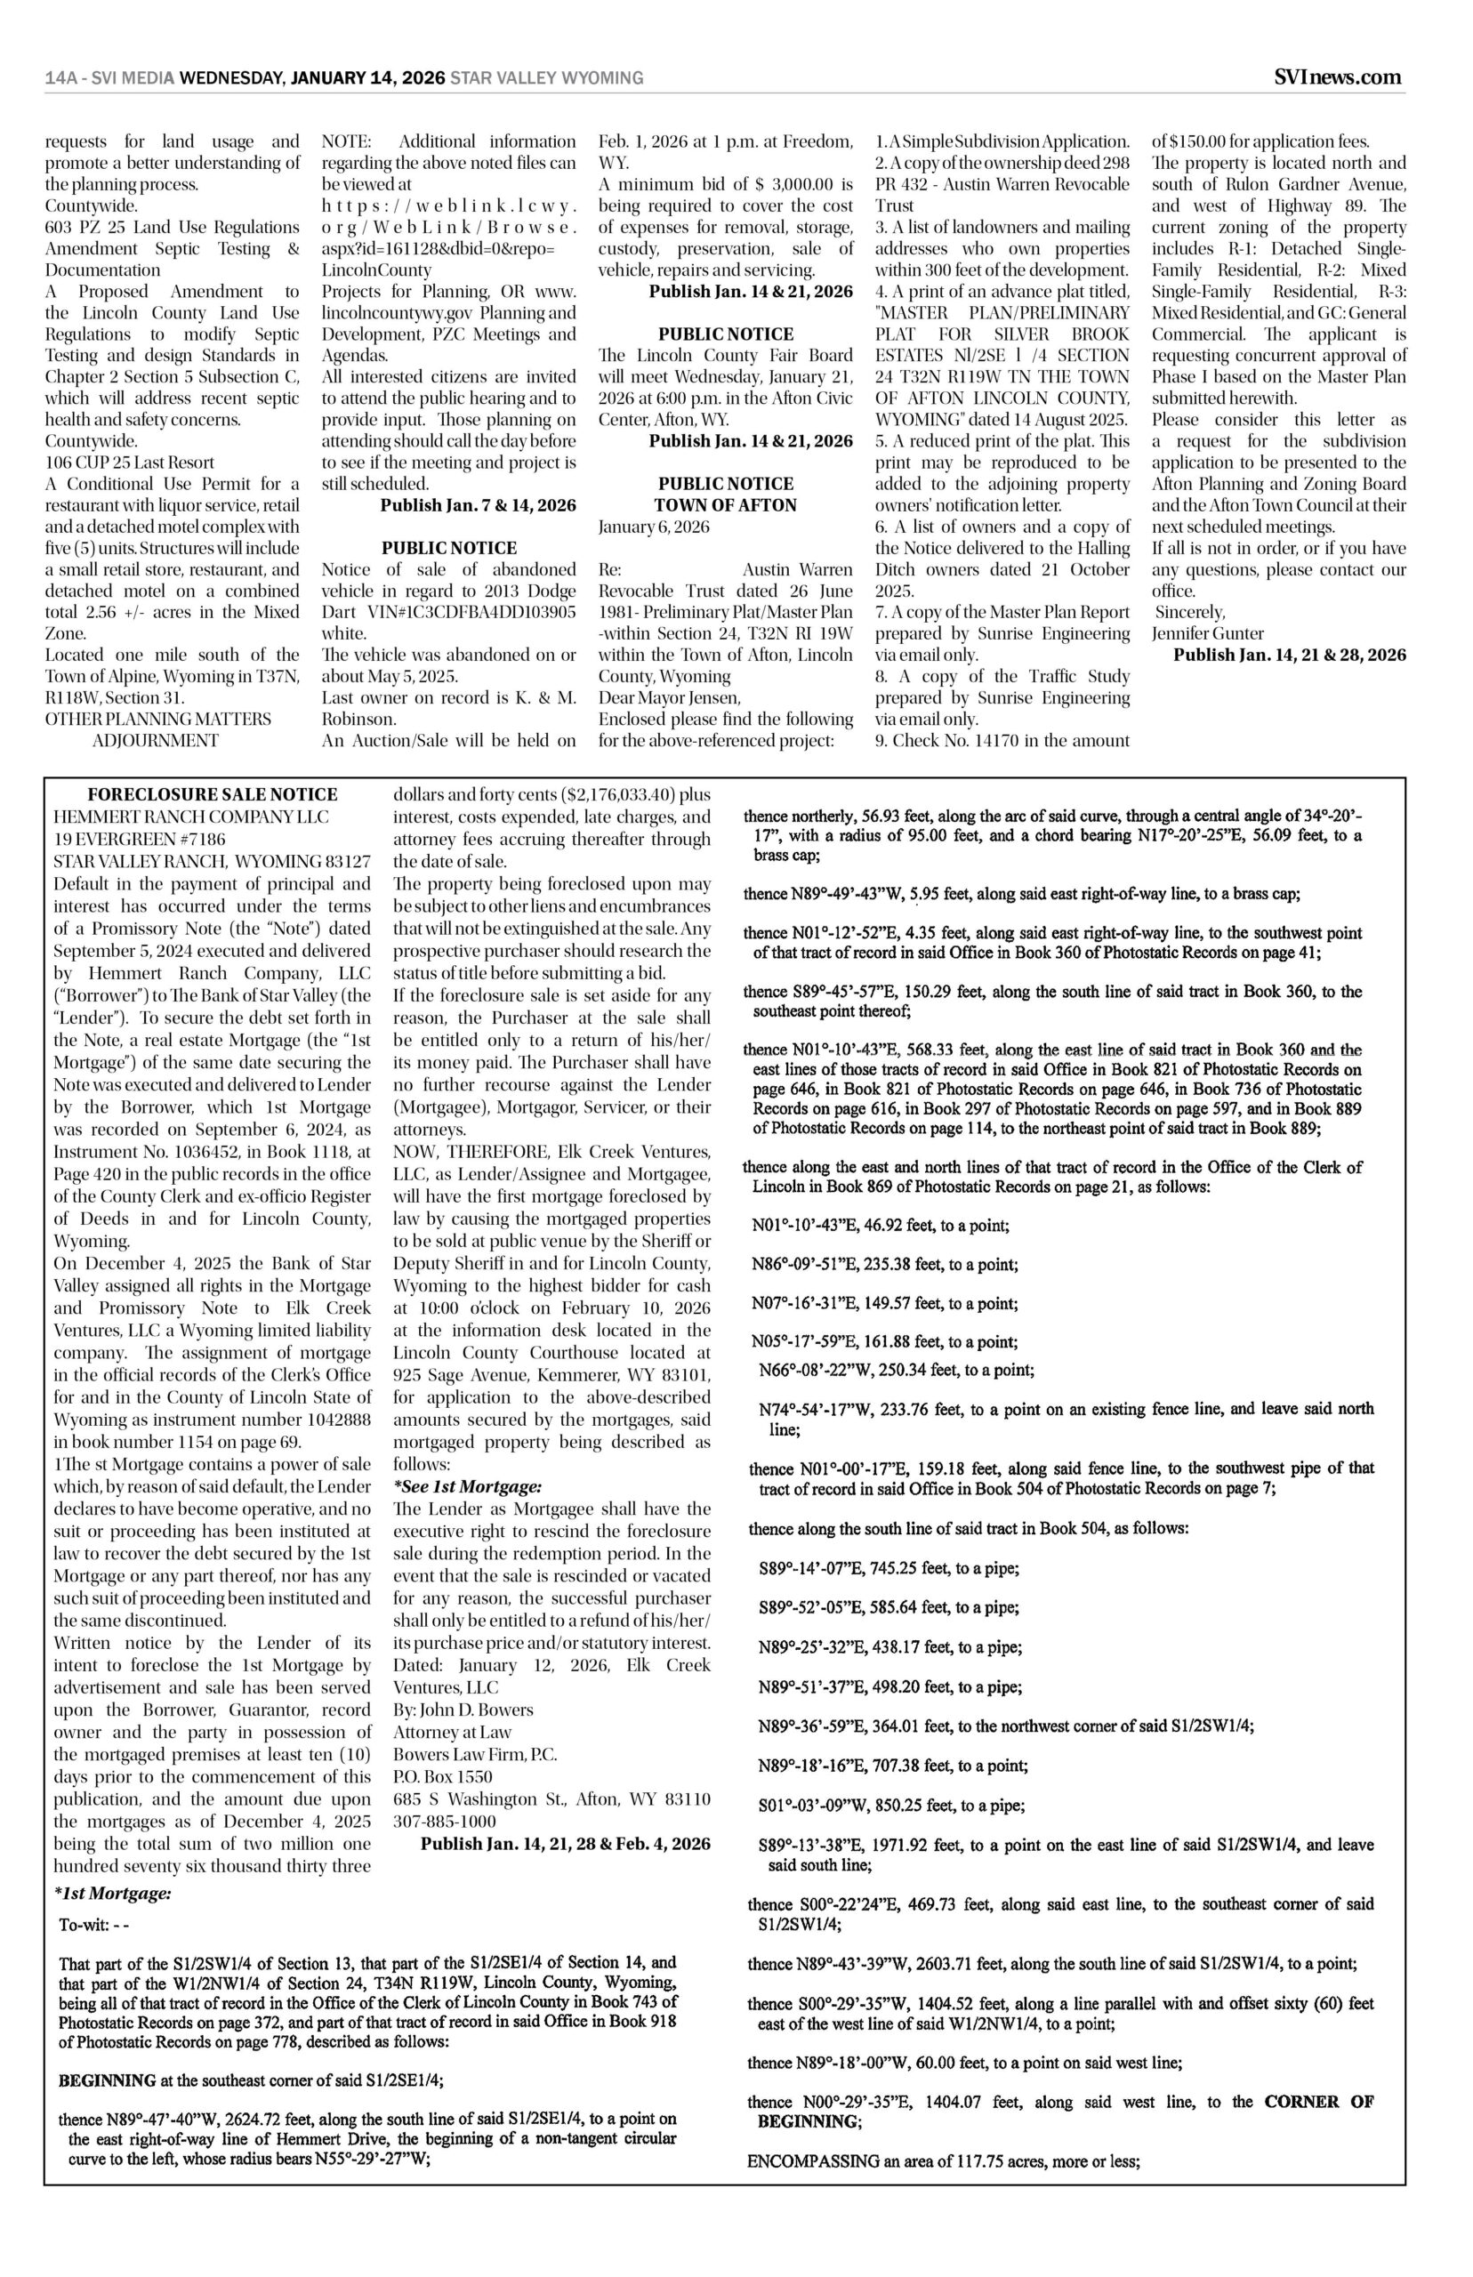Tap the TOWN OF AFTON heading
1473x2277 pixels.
point(725,505)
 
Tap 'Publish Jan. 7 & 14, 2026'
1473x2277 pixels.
point(478,505)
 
